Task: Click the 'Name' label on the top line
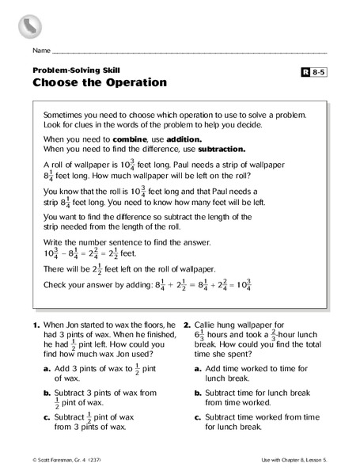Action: click(43, 51)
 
